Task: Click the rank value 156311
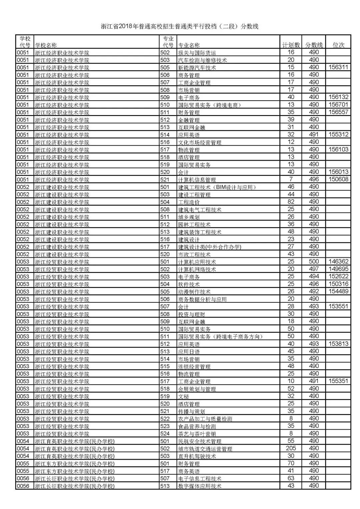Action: tap(338, 67)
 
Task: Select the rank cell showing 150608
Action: tap(338, 179)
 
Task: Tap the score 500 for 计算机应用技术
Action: tap(314, 262)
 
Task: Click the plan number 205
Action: tap(291, 448)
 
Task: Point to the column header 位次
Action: tap(338, 45)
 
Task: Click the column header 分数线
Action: tap(314, 45)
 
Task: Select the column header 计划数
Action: tap(291, 45)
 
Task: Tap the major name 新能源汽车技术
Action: tap(197, 68)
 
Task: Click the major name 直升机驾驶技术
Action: tap(197, 456)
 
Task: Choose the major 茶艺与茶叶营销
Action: tap(197, 434)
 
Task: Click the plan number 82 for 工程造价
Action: tap(291, 202)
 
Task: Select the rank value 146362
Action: tap(338, 262)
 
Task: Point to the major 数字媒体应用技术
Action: tap(200, 486)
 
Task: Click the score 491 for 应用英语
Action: tap(314, 134)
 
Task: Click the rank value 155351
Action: tap(338, 381)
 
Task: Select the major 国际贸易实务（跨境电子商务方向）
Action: tap(220, 337)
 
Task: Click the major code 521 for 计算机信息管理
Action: tap(165, 179)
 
